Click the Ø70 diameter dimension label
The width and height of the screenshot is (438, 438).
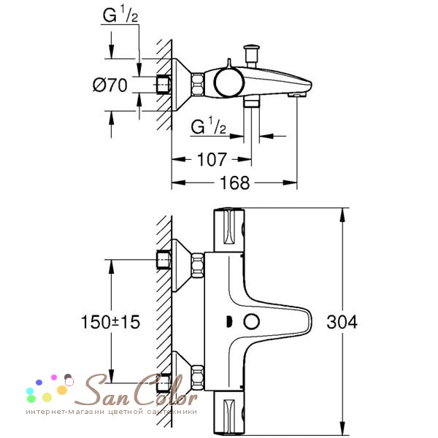pos(109,85)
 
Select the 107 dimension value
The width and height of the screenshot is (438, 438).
pos(212,159)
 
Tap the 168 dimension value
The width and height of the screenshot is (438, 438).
pos(234,183)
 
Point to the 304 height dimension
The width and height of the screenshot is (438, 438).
pos(342,322)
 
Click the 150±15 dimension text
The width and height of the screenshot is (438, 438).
pos(110,322)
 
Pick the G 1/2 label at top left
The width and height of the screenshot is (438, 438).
pos(120,14)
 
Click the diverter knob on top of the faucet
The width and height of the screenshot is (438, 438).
pos(251,55)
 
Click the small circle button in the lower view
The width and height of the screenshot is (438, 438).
pos(251,321)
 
